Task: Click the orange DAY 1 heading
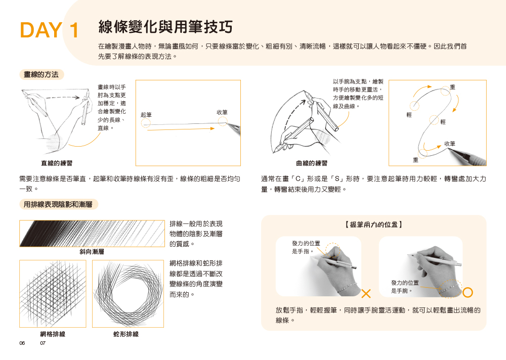(50, 30)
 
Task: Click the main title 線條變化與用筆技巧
(165, 26)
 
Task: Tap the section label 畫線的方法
(41, 74)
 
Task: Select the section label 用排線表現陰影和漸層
(58, 204)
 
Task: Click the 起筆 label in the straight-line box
(146, 115)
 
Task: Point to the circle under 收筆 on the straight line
(222, 121)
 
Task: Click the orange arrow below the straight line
(181, 129)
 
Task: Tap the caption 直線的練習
(57, 163)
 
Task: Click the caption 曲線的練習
(312, 163)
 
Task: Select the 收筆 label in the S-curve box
(449, 144)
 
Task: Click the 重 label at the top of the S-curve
(452, 87)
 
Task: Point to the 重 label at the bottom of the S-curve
(415, 160)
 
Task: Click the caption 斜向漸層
(92, 252)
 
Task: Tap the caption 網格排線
(53, 334)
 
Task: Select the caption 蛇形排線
(126, 334)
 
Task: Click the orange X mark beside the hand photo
(366, 294)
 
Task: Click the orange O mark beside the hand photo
(468, 293)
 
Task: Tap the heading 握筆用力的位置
(374, 224)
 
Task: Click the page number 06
(22, 343)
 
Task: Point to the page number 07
(43, 343)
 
